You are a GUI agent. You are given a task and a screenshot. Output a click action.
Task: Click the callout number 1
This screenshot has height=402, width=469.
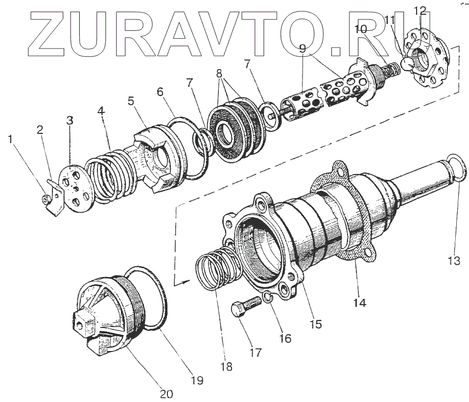click(11, 140)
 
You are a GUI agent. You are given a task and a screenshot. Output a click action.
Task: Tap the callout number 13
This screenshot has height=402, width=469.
click(454, 260)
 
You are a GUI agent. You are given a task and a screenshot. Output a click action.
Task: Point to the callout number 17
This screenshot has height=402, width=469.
click(255, 352)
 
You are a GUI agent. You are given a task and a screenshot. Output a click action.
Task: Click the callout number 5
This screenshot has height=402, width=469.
click(131, 101)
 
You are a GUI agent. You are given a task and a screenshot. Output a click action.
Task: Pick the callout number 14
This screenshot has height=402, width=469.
click(359, 302)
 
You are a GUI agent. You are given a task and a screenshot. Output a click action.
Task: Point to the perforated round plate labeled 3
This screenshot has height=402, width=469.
click(73, 189)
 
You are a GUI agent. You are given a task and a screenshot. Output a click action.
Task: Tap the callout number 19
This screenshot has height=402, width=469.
click(197, 380)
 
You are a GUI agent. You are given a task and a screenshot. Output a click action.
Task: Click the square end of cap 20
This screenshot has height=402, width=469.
click(81, 325)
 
